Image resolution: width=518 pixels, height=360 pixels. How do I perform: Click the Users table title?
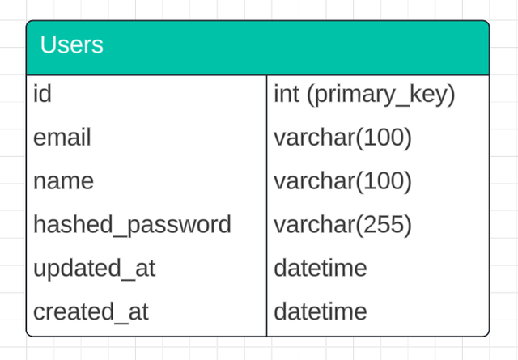[72, 44]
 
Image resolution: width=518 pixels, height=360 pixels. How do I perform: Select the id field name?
[42, 94]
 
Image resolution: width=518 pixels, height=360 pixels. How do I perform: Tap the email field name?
[62, 138]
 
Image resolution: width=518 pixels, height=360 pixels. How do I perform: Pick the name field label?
[63, 181]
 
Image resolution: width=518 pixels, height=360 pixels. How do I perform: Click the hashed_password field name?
[132, 224]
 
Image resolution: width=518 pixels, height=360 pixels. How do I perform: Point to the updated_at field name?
[94, 268]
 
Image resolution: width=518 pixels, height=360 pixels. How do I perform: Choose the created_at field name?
[91, 311]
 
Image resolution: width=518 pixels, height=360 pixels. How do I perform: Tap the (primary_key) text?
[380, 95]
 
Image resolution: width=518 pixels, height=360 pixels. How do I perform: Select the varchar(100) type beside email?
[343, 138]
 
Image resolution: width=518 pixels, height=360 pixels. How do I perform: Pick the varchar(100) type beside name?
[343, 181]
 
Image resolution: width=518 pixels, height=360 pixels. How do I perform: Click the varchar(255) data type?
[343, 224]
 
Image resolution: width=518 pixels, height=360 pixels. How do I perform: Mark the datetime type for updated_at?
[321, 268]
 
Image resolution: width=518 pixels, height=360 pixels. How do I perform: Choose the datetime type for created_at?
[321, 311]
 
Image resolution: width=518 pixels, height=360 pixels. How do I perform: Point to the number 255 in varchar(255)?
[384, 224]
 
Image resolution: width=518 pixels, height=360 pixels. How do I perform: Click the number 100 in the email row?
[384, 138]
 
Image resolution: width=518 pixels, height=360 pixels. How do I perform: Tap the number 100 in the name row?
[384, 181]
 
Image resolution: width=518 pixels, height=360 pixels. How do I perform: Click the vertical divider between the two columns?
[266, 202]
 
